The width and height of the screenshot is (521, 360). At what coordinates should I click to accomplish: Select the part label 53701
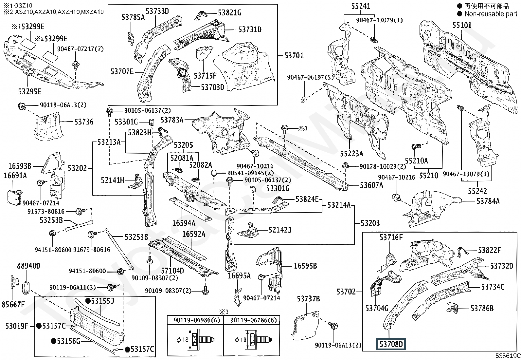(294, 55)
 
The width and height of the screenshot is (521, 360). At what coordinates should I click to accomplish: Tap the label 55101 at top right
(462, 25)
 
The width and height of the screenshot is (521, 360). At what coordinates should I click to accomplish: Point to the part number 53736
(84, 122)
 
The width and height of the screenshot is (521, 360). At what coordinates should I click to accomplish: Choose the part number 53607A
(371, 185)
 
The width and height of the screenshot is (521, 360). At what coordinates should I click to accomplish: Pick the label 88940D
(28, 265)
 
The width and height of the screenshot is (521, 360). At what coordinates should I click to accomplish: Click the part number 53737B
(308, 299)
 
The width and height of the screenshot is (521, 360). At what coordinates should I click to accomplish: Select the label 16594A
(184, 223)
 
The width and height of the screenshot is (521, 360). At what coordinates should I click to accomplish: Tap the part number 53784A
(488, 201)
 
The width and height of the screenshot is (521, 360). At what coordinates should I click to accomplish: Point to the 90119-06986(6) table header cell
(195, 320)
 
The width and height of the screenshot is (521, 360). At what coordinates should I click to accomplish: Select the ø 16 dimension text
(241, 340)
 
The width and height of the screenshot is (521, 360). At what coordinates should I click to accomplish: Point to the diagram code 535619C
(507, 356)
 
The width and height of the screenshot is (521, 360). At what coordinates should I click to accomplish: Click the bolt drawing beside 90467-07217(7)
(76, 66)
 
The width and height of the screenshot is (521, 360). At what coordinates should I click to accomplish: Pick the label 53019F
(17, 326)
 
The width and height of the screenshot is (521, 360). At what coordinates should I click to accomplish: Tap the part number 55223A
(351, 154)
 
